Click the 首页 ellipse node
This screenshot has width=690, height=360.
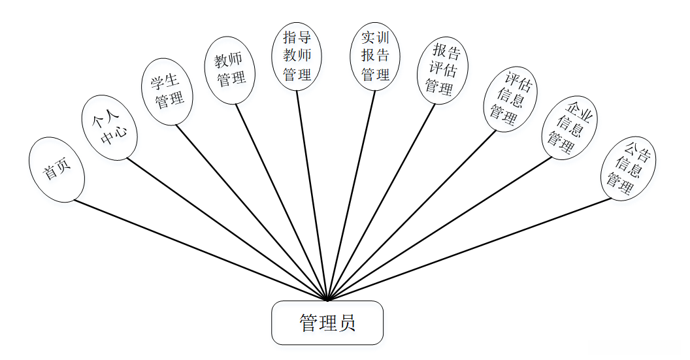tap(57, 169)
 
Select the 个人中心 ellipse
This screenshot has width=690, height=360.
tap(109, 127)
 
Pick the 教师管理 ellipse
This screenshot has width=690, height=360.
tap(230, 70)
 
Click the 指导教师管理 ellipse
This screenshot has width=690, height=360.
tap(297, 55)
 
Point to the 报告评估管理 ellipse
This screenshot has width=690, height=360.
tap(442, 69)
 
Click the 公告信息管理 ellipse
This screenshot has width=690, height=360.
tap(628, 168)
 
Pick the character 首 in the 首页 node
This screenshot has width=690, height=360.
tap(50, 173)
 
